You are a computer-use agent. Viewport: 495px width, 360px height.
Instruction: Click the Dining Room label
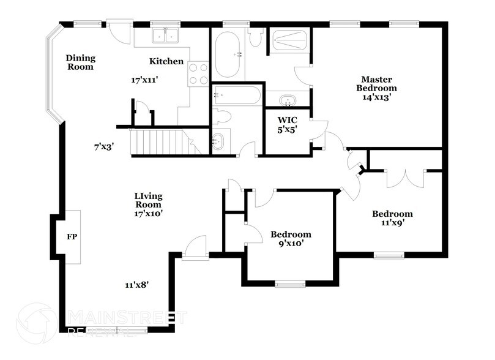pyautogui.click(x=81, y=62)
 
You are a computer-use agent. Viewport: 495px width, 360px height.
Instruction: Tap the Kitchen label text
pyautogui.click(x=166, y=61)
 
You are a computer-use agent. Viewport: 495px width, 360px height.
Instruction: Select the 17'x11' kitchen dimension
pyautogui.click(x=145, y=80)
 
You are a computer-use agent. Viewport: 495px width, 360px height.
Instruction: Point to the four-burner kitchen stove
pyautogui.click(x=198, y=73)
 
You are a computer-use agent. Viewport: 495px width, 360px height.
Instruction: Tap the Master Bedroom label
pyautogui.click(x=376, y=88)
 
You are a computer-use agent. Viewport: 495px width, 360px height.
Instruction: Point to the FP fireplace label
pyautogui.click(x=71, y=236)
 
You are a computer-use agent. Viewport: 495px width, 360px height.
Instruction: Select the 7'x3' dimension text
pyautogui.click(x=103, y=146)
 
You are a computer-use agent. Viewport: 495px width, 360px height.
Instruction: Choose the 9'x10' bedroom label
pyautogui.click(x=291, y=239)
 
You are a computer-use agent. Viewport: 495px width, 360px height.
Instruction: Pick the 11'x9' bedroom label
pyautogui.click(x=392, y=218)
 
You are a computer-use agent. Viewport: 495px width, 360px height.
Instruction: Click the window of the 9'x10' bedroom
pyautogui.click(x=290, y=284)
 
